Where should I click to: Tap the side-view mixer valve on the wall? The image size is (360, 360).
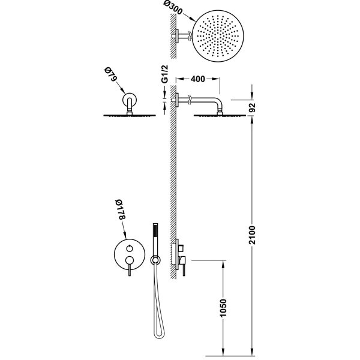tap(181, 255)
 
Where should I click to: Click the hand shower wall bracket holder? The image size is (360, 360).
tap(156, 259)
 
